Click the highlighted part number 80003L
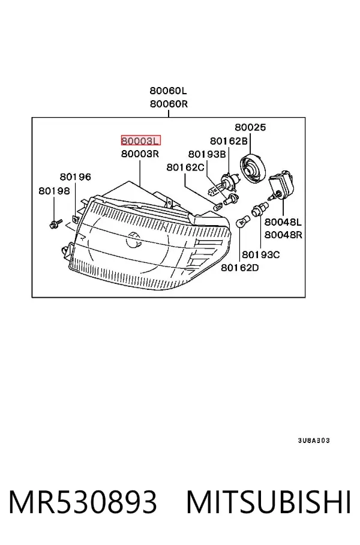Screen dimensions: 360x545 point(141,140)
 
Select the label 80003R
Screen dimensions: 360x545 point(140,154)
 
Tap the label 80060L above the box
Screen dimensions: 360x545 point(168,91)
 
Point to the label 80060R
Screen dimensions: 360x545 point(169,104)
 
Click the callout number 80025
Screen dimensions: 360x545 point(250,127)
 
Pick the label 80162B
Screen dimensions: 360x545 point(229,141)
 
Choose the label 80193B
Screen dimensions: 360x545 point(207,154)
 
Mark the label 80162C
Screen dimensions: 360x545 point(185,167)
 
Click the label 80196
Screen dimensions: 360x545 point(76,177)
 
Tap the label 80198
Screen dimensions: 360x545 point(54,191)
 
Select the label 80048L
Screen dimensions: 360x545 point(283,221)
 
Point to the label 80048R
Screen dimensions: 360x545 point(283,235)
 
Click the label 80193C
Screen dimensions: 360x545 point(260,254)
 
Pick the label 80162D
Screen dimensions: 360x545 point(240,268)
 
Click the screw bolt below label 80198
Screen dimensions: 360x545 point(55,223)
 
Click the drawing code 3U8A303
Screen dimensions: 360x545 point(314,441)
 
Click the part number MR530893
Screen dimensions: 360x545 point(83,502)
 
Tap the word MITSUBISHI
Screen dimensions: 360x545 point(269,502)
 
